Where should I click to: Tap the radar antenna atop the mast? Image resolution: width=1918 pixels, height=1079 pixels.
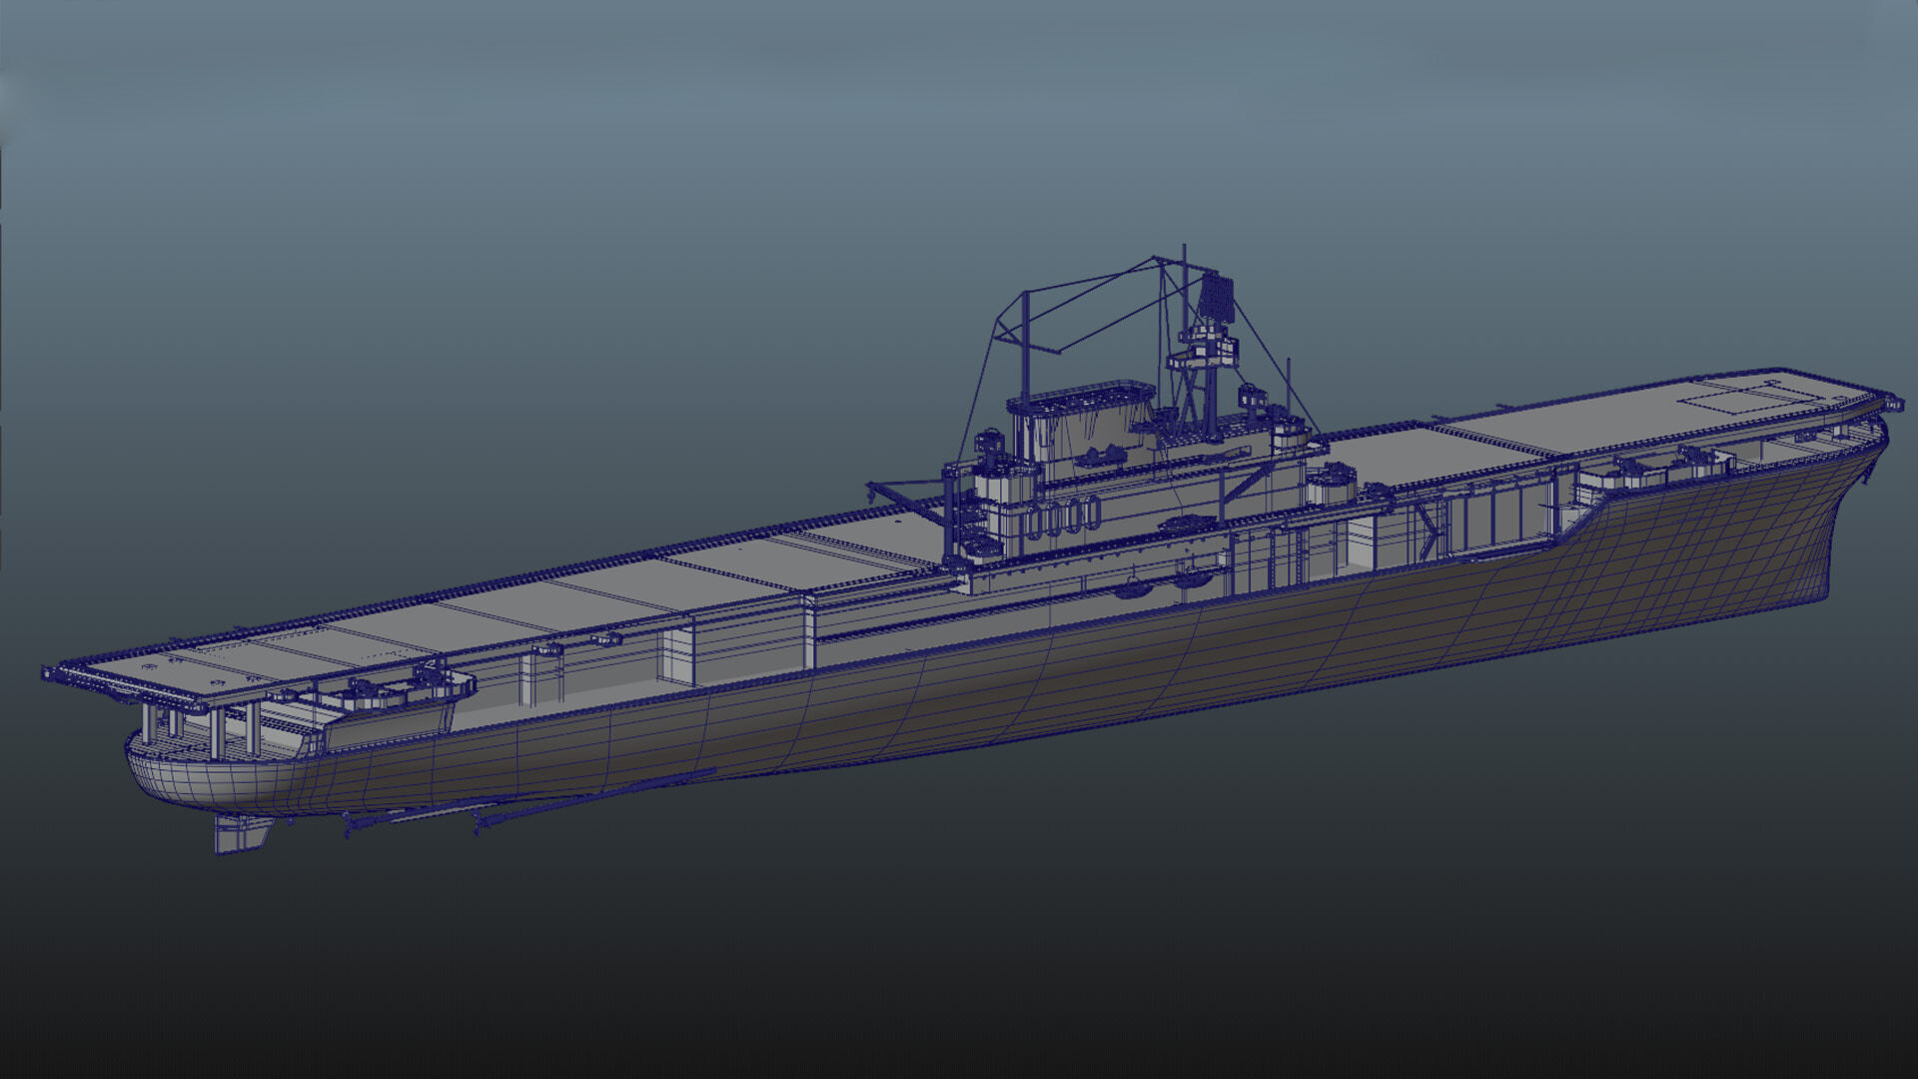pos(1216,297)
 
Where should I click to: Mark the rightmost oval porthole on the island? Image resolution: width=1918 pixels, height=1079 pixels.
pos(1095,515)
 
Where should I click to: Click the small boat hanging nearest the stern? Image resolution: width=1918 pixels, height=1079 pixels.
pos(1134,587)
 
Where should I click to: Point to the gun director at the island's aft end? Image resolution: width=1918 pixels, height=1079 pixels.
pos(989,442)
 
